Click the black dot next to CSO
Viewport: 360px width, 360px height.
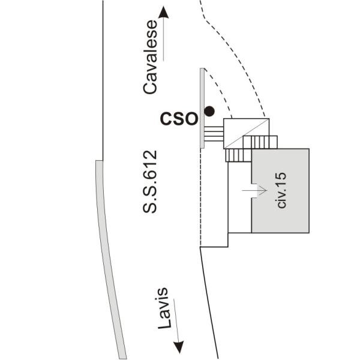pyautogui.click(x=209, y=112)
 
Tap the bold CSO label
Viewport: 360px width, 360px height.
pyautogui.click(x=179, y=119)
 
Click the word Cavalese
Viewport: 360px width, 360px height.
pyautogui.click(x=150, y=57)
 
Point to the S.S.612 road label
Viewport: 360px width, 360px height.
pyautogui.click(x=150, y=182)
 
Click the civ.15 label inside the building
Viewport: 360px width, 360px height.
pyautogui.click(x=281, y=190)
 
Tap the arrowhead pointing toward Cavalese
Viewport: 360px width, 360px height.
pyautogui.click(x=163, y=12)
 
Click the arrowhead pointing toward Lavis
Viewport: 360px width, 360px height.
pyautogui.click(x=178, y=347)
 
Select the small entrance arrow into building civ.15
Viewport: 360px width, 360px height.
pyautogui.click(x=254, y=190)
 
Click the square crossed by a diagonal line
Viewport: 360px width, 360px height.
pyautogui.click(x=247, y=134)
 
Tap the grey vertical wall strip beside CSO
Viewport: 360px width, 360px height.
pyautogui.click(x=202, y=108)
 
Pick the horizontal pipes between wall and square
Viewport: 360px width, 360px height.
pyautogui.click(x=214, y=134)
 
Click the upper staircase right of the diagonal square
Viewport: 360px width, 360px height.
pyautogui.click(x=260, y=142)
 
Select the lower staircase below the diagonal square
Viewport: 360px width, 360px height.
pyautogui.click(x=239, y=155)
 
